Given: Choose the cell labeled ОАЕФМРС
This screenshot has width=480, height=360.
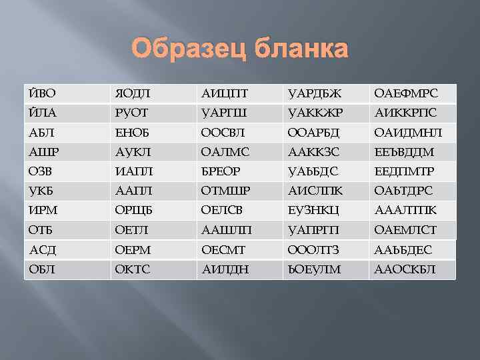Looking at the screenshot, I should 412,93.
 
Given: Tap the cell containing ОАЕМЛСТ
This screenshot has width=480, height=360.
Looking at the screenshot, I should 412,230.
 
